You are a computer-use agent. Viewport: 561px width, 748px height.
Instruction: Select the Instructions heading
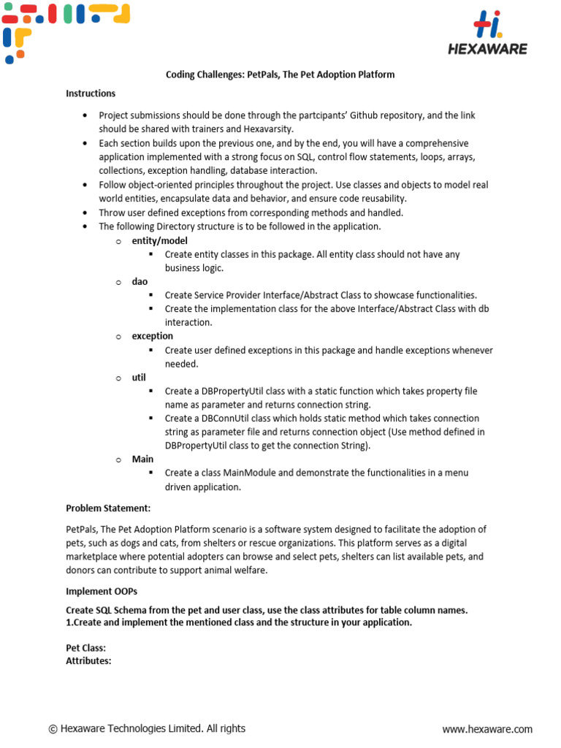point(91,93)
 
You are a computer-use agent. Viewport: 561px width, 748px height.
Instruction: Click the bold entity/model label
point(159,240)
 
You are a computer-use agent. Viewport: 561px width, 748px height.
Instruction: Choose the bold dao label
point(140,281)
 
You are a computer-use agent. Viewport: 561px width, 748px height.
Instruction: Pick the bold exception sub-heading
point(152,336)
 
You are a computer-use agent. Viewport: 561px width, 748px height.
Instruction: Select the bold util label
point(138,377)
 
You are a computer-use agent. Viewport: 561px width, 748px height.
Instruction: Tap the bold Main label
point(142,459)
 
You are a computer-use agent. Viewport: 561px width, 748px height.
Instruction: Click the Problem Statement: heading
point(108,508)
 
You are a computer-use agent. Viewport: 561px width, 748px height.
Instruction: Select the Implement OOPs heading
point(102,592)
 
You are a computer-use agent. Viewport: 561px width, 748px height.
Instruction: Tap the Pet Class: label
point(86,648)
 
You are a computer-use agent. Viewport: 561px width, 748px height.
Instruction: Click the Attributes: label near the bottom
point(88,660)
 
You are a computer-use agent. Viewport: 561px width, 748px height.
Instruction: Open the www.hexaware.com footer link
point(487,729)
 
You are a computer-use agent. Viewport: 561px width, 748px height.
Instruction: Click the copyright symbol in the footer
point(53,729)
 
